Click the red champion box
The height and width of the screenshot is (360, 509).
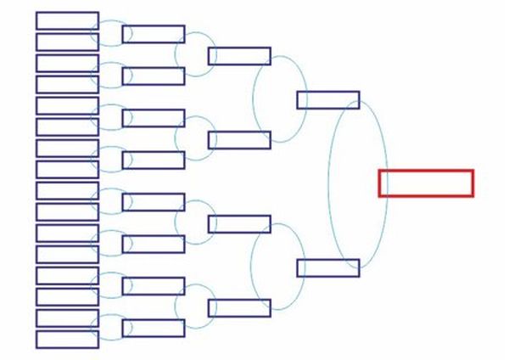(425, 183)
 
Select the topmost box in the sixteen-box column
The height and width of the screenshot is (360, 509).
(67, 20)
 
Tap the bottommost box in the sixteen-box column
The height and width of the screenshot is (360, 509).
(67, 340)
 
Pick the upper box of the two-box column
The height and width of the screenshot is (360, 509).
(327, 100)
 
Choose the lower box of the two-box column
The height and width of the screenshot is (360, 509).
(327, 267)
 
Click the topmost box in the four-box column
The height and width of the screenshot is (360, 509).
(239, 56)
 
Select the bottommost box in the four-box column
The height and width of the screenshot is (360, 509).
(239, 307)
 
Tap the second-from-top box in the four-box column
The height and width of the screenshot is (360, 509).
(239, 140)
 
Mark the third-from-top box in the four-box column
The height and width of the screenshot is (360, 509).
(239, 224)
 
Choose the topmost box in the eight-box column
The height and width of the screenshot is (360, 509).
(154, 34)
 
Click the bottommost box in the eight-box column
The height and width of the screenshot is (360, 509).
(154, 328)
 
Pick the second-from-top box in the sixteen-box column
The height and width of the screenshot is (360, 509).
(67, 42)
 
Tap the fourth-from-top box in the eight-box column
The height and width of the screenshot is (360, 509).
(154, 160)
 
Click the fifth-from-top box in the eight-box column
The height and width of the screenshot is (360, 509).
(154, 202)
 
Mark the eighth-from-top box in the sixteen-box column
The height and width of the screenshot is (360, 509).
(67, 169)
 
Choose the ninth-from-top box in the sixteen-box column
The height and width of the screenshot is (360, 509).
(67, 190)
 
